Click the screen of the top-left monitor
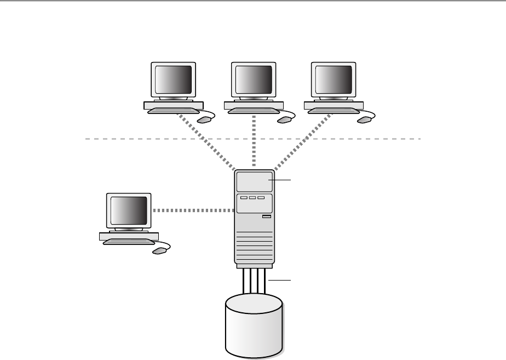174,81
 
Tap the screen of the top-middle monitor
254,81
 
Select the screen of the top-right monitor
334,81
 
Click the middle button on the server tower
252,198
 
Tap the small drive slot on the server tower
267,218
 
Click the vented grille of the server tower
254,247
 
